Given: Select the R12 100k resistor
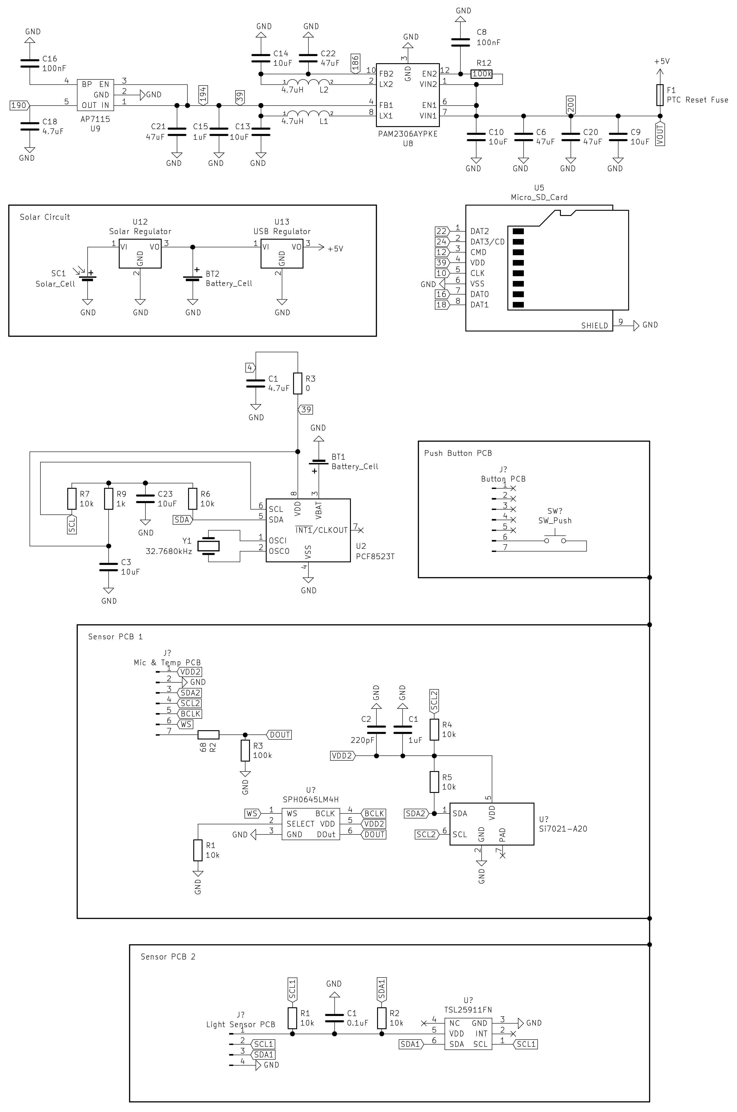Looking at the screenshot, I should click(482, 74).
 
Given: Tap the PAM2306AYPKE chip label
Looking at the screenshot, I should click(408, 134).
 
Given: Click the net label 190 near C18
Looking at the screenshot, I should click(19, 105).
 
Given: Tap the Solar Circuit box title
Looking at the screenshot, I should click(45, 217).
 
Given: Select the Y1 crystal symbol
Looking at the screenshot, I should click(208, 546).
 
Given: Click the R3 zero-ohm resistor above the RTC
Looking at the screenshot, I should click(298, 383).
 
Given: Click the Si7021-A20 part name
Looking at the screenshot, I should click(563, 829).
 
